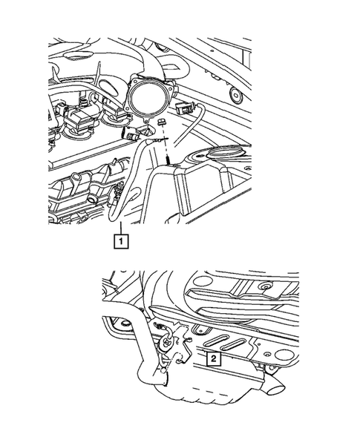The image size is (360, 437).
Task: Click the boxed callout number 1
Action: click(118, 240)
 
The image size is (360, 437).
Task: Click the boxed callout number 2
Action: click(213, 359)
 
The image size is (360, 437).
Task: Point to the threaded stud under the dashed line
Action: click(170, 158)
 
